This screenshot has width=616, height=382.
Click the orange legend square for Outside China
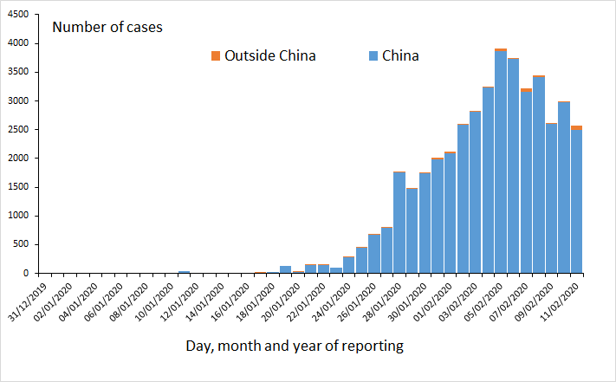[x=216, y=56]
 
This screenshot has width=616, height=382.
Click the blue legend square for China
[x=373, y=56]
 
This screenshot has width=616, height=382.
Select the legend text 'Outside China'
[x=269, y=56]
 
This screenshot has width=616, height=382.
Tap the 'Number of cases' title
[x=107, y=27]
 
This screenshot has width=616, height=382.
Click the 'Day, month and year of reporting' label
[x=295, y=346]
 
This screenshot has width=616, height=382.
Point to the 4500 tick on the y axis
[x=18, y=15]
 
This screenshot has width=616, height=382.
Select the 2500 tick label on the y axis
[x=18, y=130]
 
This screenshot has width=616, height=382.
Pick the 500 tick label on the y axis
[x=21, y=245]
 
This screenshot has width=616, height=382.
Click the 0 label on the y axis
[x=26, y=274]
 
